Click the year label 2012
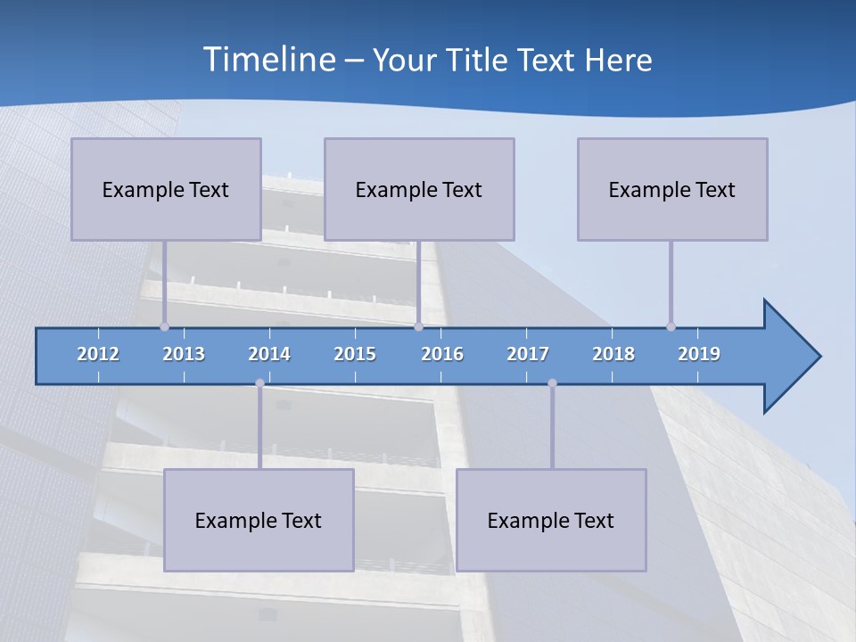pos(98,354)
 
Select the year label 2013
pos(184,354)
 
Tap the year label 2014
pos(269,354)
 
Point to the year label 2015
pos(355,354)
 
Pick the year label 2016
pos(442,354)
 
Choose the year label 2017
pos(528,354)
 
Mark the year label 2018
pos(613,354)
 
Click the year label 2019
pos(699,354)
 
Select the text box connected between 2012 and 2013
pos(166,189)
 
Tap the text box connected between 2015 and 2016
pos(419,189)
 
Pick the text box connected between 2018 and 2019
pos(672,189)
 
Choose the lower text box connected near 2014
pos(259,520)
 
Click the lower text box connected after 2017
pos(551,520)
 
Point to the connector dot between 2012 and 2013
pos(164,326)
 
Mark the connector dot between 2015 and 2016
pos(418,326)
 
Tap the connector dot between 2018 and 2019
pos(671,326)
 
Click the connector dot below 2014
pos(259,383)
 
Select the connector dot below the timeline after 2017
pos(552,383)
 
